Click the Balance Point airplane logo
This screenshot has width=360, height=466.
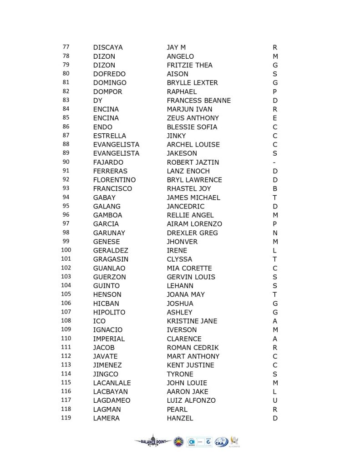(x=152, y=441)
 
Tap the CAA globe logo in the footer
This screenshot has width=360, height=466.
(x=222, y=441)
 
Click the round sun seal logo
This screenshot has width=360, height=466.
(x=178, y=441)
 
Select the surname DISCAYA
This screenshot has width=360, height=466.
(x=108, y=47)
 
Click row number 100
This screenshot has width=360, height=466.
(x=66, y=250)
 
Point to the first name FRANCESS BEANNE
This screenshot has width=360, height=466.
(x=198, y=101)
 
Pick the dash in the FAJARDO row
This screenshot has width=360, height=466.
(x=275, y=162)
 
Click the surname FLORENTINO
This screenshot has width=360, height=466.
(x=114, y=180)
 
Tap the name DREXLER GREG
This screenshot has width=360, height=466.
(x=192, y=233)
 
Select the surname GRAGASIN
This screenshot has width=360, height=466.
(x=111, y=259)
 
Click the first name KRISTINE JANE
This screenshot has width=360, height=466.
(x=192, y=321)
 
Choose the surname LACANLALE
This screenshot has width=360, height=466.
(x=112, y=383)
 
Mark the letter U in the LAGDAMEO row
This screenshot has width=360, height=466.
(x=275, y=400)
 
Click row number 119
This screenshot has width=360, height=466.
(x=66, y=418)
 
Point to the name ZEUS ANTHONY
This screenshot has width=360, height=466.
(x=193, y=118)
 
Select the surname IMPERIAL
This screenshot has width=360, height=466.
(x=109, y=339)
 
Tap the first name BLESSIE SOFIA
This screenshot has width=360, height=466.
(x=192, y=127)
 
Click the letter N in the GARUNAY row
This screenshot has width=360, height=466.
(x=275, y=233)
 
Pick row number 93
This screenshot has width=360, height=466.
(x=66, y=188)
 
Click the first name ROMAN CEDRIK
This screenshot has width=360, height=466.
(x=193, y=348)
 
